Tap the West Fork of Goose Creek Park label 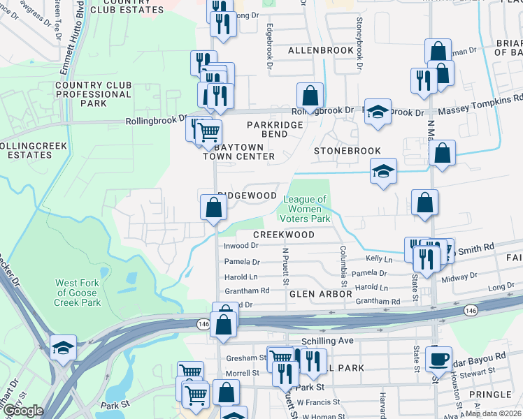pyautogui.click(x=78, y=293)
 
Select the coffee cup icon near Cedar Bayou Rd pyautogui.click(x=438, y=359)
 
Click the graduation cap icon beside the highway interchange pyautogui.click(x=63, y=348)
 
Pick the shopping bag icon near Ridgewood pyautogui.click(x=213, y=207)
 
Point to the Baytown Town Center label pyautogui.click(x=238, y=152)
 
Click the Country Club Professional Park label pyautogui.click(x=93, y=94)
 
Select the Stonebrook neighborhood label pyautogui.click(x=347, y=151)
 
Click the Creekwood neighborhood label pyautogui.click(x=283, y=235)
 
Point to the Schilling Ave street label pyautogui.click(x=328, y=340)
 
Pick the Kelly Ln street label pyautogui.click(x=379, y=259)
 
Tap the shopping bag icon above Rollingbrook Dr pyautogui.click(x=309, y=96)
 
